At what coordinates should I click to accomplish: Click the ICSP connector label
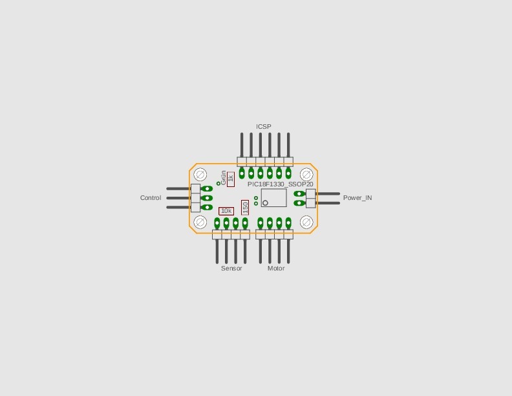pos(264,126)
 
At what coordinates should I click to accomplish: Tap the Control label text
pos(151,197)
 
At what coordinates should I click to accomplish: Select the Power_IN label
pos(357,197)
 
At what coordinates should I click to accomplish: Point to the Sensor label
pos(231,269)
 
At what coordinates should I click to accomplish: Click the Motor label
pos(276,269)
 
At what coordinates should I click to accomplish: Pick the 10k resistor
pos(226,211)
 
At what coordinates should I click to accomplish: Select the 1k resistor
pos(231,179)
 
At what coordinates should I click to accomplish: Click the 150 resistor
pos(245,208)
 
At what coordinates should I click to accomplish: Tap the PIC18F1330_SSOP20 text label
pos(281,184)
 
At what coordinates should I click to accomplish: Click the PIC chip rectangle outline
pos(274,197)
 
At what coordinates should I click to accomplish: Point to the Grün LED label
pos(224,177)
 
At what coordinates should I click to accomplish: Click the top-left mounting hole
pos(200,175)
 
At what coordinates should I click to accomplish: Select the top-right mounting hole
pos(306,175)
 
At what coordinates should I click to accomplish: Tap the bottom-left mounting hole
pos(200,222)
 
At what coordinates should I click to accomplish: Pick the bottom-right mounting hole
pos(306,222)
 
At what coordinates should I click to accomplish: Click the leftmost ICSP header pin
pos(242,145)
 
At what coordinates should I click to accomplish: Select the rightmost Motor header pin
pos(288,251)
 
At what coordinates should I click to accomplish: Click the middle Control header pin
pos(178,198)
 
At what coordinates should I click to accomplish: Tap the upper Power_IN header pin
pos(328,193)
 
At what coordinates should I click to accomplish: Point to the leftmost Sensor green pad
pos(217,223)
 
